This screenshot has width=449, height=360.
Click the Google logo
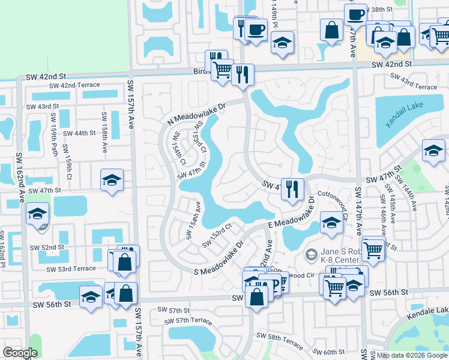click(x=20, y=353)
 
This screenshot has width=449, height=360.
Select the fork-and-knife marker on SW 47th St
click(x=292, y=189)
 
